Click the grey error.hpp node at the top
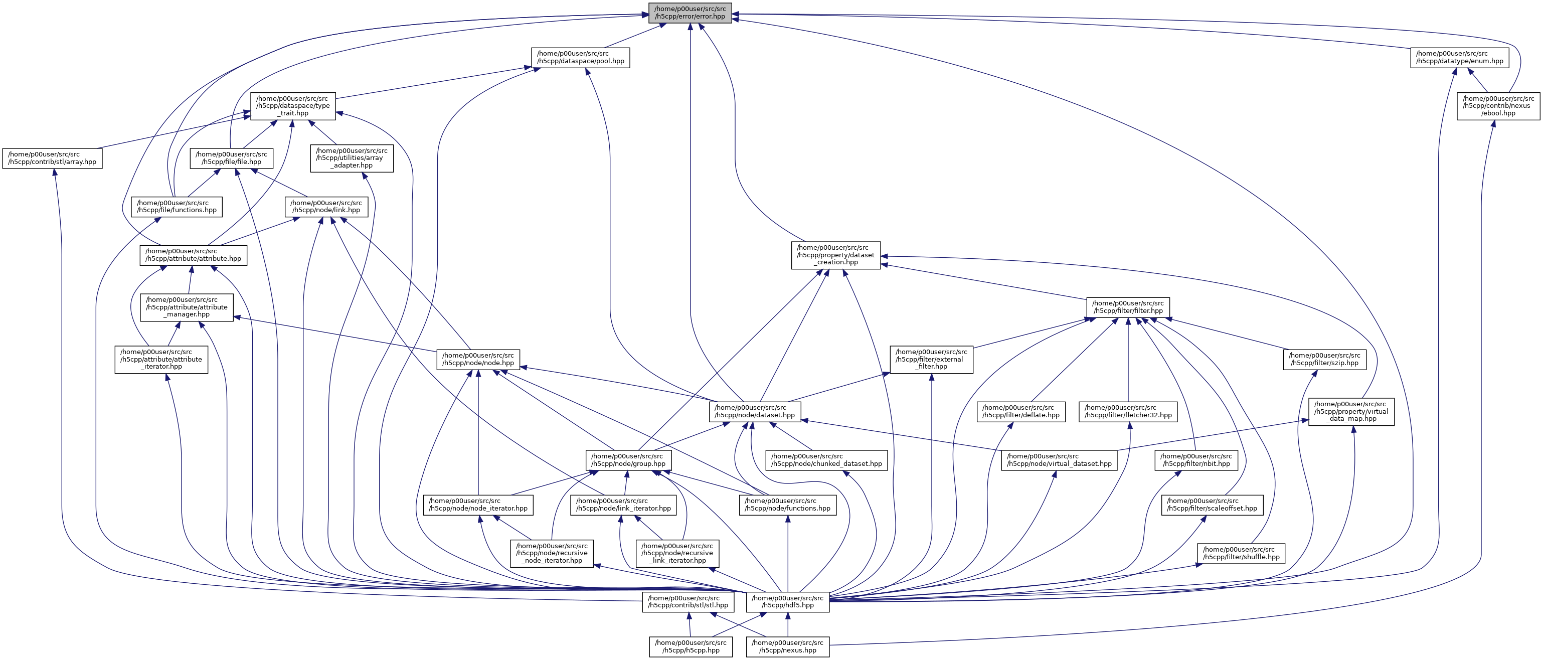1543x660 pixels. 690,13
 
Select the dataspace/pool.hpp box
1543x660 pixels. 580,58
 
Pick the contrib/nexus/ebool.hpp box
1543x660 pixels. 1498,106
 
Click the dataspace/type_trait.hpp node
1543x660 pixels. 293,106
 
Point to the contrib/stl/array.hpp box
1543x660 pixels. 52,158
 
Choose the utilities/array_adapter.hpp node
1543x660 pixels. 352,158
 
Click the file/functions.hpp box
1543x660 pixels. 177,207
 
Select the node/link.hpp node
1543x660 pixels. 326,207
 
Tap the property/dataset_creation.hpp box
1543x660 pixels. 835,255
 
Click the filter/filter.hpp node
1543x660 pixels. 1128,307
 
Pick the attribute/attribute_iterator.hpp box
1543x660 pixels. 161,360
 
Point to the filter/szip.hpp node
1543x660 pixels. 1324,360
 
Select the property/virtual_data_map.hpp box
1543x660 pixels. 1351,411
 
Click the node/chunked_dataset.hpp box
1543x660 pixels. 826,460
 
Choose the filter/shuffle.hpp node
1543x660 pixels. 1241,553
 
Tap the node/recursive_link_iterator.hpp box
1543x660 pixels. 677,553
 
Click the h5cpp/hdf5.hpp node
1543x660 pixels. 788,602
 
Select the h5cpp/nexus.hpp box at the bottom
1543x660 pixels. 788,647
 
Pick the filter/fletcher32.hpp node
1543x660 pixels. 1128,411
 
